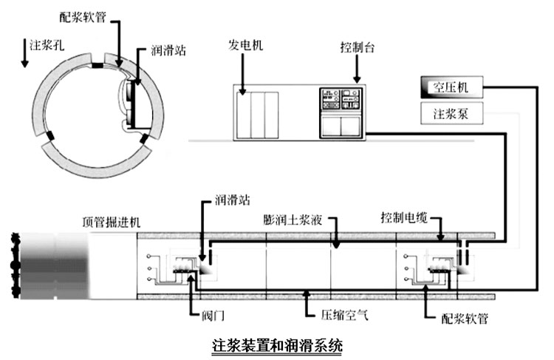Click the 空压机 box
pyautogui.click(x=451, y=87)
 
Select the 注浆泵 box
pyautogui.click(x=451, y=113)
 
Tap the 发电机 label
pyautogui.click(x=245, y=45)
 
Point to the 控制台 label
pyautogui.click(x=358, y=47)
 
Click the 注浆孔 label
pyautogui.click(x=47, y=45)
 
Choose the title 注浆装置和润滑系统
pyautogui.click(x=277, y=345)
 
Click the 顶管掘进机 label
pyautogui.click(x=112, y=222)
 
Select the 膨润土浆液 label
pyautogui.click(x=293, y=220)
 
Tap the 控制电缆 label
pyautogui.click(x=404, y=217)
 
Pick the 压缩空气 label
pyautogui.click(x=344, y=314)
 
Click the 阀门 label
pyautogui.click(x=213, y=315)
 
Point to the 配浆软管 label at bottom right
pyautogui.click(x=465, y=319)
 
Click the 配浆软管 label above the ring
pyautogui.click(x=83, y=16)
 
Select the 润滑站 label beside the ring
pyautogui.click(x=168, y=50)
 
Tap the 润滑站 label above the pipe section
pyautogui.click(x=233, y=200)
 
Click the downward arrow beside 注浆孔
pyautogui.click(x=24, y=53)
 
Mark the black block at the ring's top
pyautogui.click(x=98, y=66)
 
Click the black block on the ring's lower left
pyautogui.click(x=50, y=136)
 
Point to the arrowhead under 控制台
pyautogui.click(x=358, y=79)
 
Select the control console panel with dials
pyautogui.click(x=341, y=112)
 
